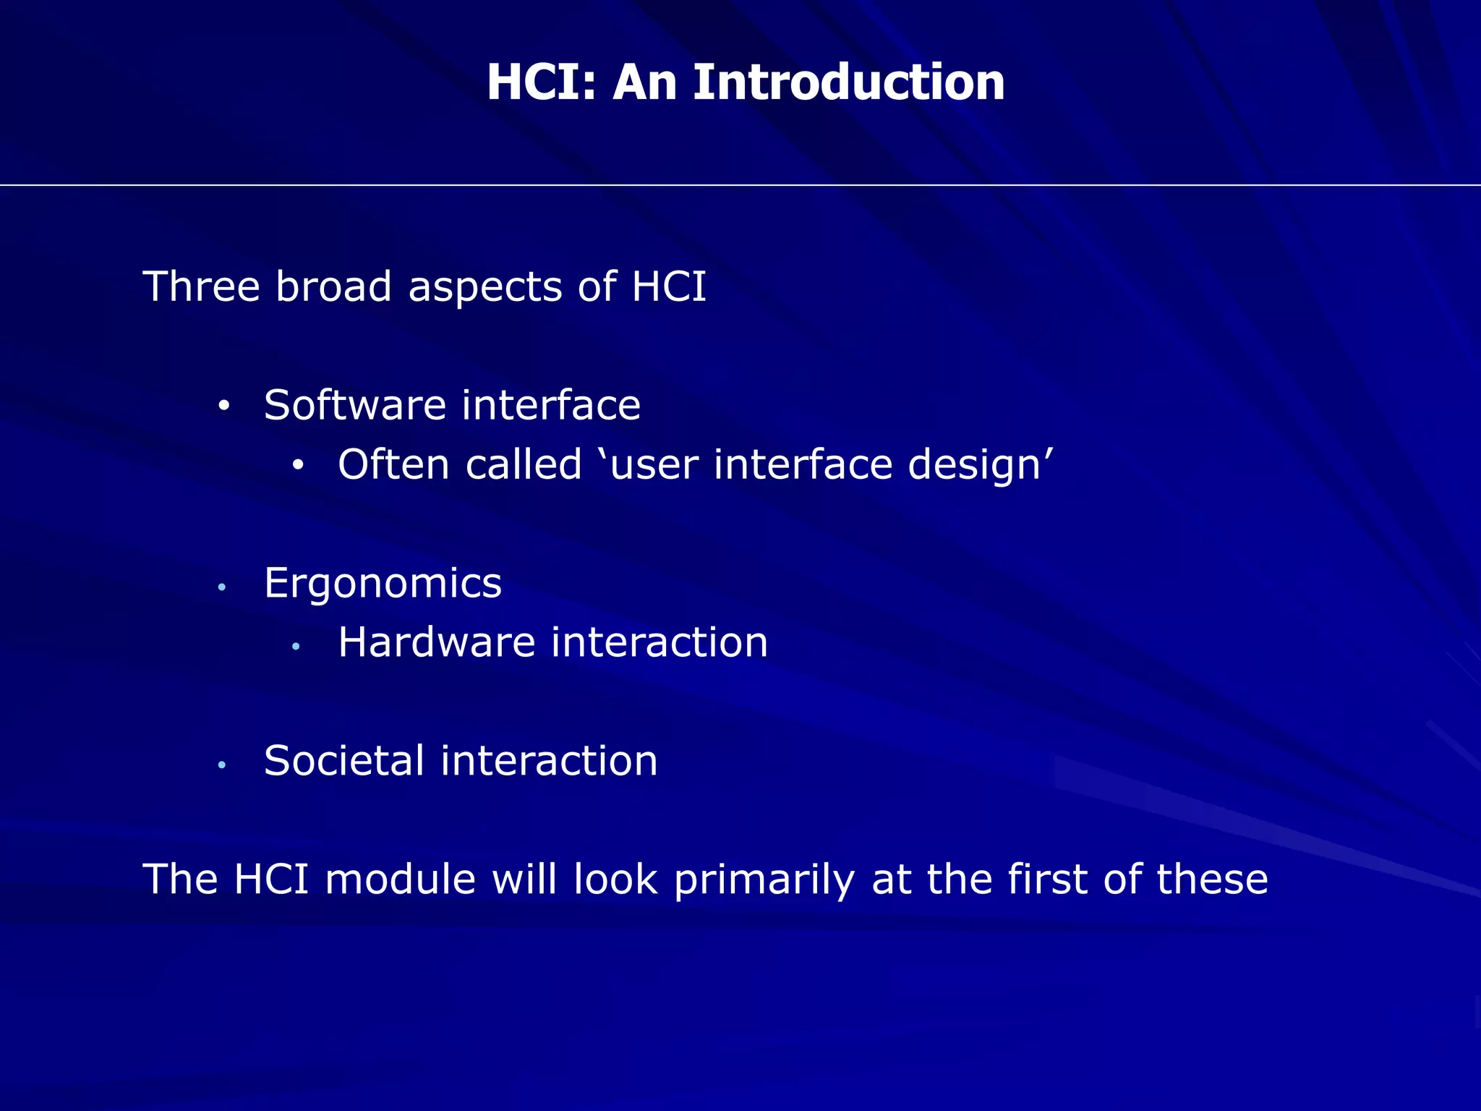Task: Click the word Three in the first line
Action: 202,286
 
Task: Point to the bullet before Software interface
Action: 223,407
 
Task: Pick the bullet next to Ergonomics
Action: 223,587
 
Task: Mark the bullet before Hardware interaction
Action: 296,646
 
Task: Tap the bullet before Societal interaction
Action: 223,765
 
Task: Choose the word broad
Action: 333,286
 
